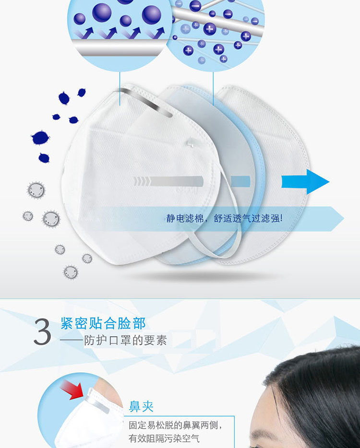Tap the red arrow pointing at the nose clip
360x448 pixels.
pyautogui.click(x=72, y=389)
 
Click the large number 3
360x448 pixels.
pyautogui.click(x=42, y=332)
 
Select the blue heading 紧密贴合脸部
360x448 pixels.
pyautogui.click(x=103, y=323)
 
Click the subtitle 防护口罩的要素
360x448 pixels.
pyautogui.click(x=125, y=340)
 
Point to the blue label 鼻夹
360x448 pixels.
pyautogui.click(x=141, y=406)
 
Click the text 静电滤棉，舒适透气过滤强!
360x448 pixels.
pyautogui.click(x=225, y=219)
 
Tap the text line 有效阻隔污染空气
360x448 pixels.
pyautogui.click(x=164, y=438)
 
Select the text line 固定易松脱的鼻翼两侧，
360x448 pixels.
pyautogui.click(x=175, y=425)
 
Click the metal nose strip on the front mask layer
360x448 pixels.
pyautogui.click(x=146, y=102)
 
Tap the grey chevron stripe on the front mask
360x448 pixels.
pyautogui.click(x=168, y=181)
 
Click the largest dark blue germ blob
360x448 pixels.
pyautogui.click(x=40, y=138)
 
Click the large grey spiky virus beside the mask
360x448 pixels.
pyautogui.click(x=51, y=219)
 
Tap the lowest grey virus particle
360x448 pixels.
pyautogui.click(x=71, y=272)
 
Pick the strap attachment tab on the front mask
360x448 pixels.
pyautogui.click(x=192, y=142)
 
